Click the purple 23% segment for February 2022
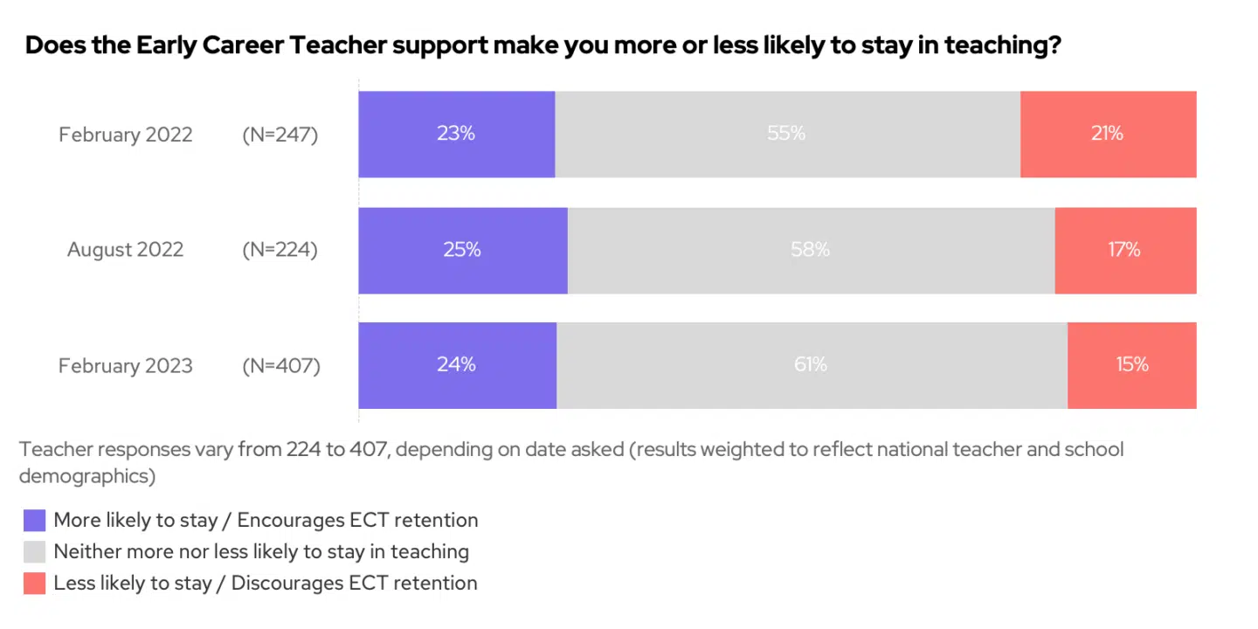tap(456, 135)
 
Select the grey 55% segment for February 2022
tap(787, 135)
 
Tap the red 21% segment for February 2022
tap(1108, 135)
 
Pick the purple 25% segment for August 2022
tap(462, 250)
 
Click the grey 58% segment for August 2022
tap(811, 250)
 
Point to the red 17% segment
tap(1125, 250)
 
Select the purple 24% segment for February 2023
tap(457, 365)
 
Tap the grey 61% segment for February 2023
tap(812, 365)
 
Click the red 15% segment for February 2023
tap(1131, 365)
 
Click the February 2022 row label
tap(126, 135)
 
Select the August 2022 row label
tap(126, 250)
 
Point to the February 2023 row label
tap(126, 365)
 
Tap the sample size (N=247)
tap(280, 135)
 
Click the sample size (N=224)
tap(280, 250)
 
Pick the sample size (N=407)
tap(281, 365)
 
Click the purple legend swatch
tap(34, 521)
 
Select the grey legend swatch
tap(34, 552)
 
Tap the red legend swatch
tap(34, 584)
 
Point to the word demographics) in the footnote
tap(87, 476)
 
